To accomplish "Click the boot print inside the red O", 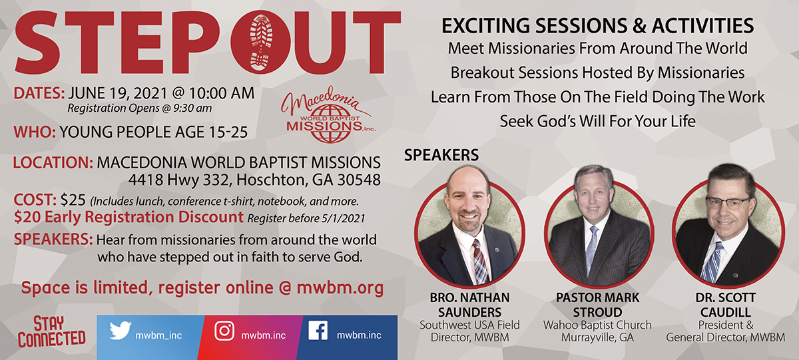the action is [x=262, y=42].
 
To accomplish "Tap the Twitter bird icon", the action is [x=121, y=331].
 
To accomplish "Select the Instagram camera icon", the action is [x=224, y=331].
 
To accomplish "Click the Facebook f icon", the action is [x=318, y=330].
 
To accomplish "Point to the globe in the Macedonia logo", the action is [x=330, y=123].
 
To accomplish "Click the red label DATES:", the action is [x=39, y=93].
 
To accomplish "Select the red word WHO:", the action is [x=35, y=132].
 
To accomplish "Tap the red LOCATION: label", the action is [x=53, y=162].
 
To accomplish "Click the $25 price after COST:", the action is [x=73, y=200].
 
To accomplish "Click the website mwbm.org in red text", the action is [x=340, y=288].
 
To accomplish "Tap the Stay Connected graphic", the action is [x=52, y=331].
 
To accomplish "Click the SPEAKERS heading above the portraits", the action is [x=441, y=155].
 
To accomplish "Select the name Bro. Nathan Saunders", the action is [x=470, y=305].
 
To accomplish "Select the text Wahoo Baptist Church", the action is [x=597, y=325].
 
